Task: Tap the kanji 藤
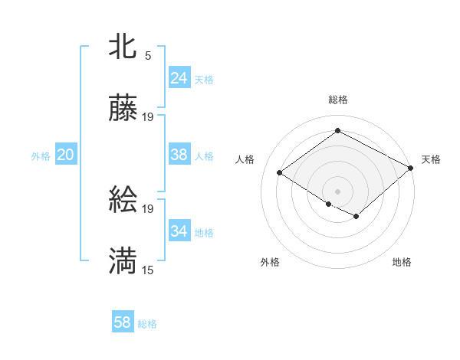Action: point(123,109)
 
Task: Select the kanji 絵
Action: point(123,201)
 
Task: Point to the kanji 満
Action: point(123,262)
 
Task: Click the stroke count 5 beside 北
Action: point(148,55)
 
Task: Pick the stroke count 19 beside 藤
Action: point(148,117)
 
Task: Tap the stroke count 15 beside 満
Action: point(148,270)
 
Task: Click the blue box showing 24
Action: point(179,78)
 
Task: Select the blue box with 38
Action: point(179,155)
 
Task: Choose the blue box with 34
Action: point(179,231)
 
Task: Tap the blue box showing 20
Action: point(65,155)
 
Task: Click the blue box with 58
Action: point(122,322)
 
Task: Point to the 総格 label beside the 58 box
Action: point(147,324)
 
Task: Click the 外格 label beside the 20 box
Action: point(41,156)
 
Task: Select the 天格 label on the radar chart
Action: point(431,159)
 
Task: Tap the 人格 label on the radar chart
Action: point(245,159)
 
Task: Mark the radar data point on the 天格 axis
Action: point(411,168)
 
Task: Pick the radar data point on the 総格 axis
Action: point(337,131)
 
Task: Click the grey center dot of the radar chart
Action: point(337,191)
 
